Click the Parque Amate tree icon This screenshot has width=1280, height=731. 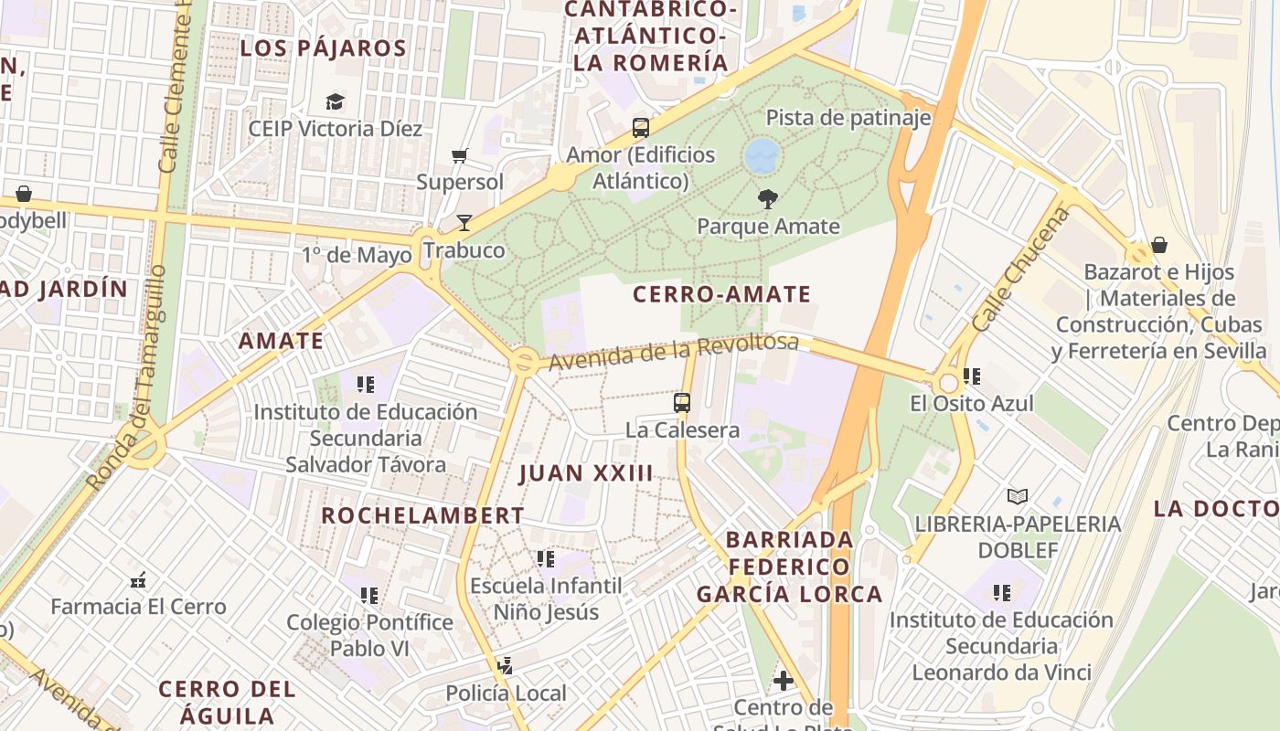click(768, 198)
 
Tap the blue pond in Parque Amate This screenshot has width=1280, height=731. click(762, 156)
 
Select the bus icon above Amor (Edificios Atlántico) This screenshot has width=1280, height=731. click(640, 127)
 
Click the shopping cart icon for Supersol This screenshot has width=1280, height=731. click(460, 155)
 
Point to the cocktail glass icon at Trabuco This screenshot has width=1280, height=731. click(464, 223)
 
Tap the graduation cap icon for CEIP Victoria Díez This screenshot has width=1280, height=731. click(336, 101)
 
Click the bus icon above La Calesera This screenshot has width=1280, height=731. click(682, 402)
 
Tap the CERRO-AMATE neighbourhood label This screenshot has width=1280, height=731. click(722, 294)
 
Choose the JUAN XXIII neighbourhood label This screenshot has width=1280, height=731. click(586, 473)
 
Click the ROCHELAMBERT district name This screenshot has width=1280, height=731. click(422, 515)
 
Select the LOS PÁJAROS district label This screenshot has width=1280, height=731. click(323, 48)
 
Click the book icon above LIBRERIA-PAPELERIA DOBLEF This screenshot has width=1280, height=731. click(1017, 496)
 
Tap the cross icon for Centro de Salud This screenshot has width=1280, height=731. click(783, 680)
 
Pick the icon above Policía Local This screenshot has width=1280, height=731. click(505, 666)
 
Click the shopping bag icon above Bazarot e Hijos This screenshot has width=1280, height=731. click(1158, 245)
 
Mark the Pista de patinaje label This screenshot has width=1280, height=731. click(848, 118)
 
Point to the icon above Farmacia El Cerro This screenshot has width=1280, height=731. click(138, 579)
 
